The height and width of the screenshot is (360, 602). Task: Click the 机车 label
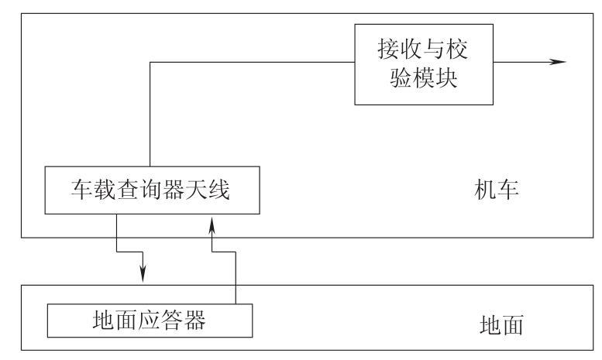[497, 190]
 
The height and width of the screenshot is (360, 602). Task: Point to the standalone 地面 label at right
[501, 324]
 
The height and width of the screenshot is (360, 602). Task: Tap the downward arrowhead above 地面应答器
[143, 273]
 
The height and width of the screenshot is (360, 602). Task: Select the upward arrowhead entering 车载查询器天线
[212, 225]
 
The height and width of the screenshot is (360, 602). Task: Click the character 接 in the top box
[389, 49]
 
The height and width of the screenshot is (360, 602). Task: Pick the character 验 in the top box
[401, 77]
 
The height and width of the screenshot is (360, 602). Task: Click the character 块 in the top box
[445, 77]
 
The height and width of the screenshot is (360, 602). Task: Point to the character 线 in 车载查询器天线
[218, 190]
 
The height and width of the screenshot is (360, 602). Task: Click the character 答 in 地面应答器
[172, 320]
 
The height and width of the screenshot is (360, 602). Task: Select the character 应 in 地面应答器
[150, 320]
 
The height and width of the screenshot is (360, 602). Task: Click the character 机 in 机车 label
[485, 190]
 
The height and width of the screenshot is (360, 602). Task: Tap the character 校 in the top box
[456, 49]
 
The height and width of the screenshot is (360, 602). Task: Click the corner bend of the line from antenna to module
[150, 62]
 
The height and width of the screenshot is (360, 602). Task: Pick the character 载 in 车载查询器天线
[105, 190]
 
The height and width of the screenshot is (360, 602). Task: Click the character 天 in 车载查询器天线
[196, 190]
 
